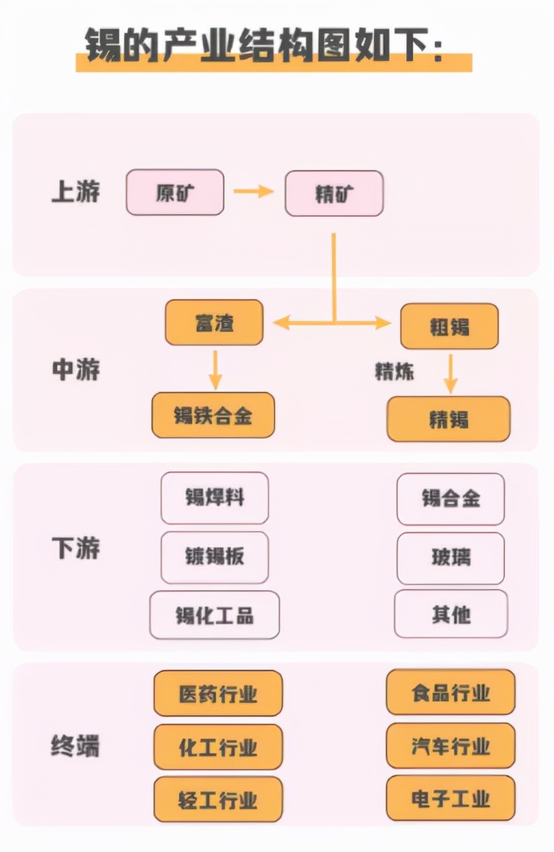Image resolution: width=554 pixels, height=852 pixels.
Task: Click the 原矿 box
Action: point(175,193)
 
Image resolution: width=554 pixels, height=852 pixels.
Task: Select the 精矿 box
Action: point(334,193)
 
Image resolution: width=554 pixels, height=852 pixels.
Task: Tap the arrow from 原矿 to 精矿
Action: point(253,192)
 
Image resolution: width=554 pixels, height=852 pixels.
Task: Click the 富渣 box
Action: point(214,322)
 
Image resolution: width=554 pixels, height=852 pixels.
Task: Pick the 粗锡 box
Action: point(449,326)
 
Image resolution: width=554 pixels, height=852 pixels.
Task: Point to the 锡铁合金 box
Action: point(213,416)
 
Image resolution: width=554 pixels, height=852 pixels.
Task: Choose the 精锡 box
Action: point(448,419)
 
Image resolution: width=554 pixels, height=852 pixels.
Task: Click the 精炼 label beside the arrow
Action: point(395,372)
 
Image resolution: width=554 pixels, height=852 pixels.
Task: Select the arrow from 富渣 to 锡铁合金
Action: point(215,369)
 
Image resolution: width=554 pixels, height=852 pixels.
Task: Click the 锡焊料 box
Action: point(215,498)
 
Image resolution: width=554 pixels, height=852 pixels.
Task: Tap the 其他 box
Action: point(450,614)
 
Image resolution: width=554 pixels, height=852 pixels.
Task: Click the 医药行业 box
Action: point(217,693)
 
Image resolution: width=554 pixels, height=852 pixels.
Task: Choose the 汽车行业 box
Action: point(450,746)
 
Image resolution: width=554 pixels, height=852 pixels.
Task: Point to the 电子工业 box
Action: point(450,799)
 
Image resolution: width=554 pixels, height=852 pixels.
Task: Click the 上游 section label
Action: point(76,192)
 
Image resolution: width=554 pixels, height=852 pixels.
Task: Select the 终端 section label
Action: point(76,746)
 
